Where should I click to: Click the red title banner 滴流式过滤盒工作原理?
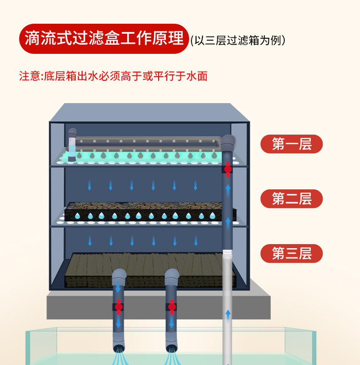[104, 39]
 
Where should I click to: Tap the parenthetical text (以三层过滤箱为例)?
[238, 40]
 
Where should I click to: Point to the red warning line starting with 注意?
[113, 76]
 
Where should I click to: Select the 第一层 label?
[292, 144]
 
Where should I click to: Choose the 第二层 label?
[292, 199]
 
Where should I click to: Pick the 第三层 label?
[292, 254]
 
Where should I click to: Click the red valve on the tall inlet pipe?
[227, 169]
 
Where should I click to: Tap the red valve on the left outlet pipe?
[118, 307]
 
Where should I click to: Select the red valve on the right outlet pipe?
[172, 307]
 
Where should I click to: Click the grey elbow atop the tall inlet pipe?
[227, 142]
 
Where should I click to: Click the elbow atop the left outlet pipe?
[119, 276]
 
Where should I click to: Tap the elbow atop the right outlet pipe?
[172, 276]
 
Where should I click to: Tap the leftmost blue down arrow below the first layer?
[89, 185]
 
